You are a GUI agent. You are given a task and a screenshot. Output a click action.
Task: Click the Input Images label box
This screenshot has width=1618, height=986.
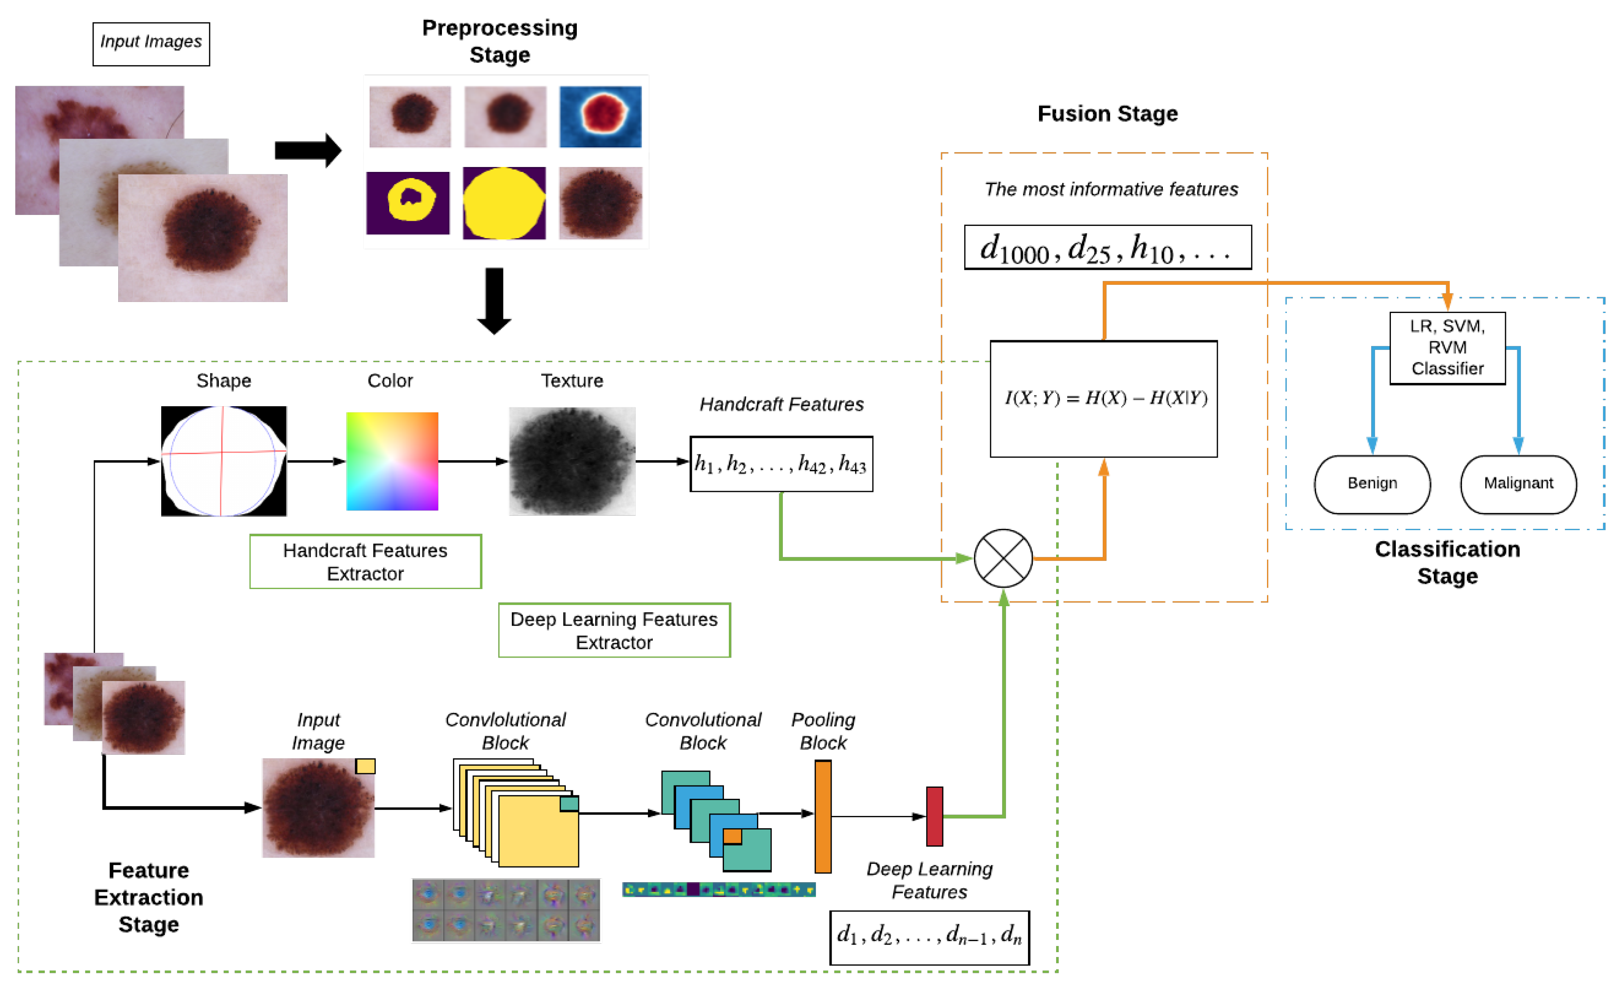click(x=151, y=44)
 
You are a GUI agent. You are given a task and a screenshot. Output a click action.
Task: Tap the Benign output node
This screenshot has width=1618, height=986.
click(x=1372, y=484)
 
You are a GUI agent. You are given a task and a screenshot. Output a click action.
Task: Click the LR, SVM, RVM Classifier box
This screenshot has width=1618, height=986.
click(x=1447, y=348)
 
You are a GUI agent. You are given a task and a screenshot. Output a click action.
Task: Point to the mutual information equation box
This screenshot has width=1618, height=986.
click(x=1103, y=398)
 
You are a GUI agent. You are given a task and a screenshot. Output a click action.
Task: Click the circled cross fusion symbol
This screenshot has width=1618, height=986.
click(x=1003, y=558)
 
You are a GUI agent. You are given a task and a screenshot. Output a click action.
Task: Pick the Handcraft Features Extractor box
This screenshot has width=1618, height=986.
click(x=365, y=562)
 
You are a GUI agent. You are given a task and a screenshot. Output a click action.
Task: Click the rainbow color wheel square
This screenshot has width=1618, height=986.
click(x=392, y=461)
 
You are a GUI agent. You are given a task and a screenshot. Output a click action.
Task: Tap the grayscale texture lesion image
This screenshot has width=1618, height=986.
click(x=572, y=461)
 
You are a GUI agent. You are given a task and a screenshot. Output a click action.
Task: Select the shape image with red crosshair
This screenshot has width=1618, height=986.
click(x=224, y=461)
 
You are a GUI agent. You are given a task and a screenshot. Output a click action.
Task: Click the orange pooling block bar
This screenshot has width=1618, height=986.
click(x=823, y=816)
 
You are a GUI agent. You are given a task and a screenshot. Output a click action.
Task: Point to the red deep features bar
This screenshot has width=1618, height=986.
click(x=934, y=816)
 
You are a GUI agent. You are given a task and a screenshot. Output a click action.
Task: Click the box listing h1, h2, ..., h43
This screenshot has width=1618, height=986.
click(x=781, y=464)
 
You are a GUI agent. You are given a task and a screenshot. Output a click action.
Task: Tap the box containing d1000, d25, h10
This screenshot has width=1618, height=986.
click(x=1107, y=247)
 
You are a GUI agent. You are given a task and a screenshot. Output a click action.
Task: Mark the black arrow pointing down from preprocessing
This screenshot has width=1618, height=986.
click(x=494, y=300)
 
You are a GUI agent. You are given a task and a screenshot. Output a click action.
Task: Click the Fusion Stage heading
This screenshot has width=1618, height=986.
click(x=1107, y=114)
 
